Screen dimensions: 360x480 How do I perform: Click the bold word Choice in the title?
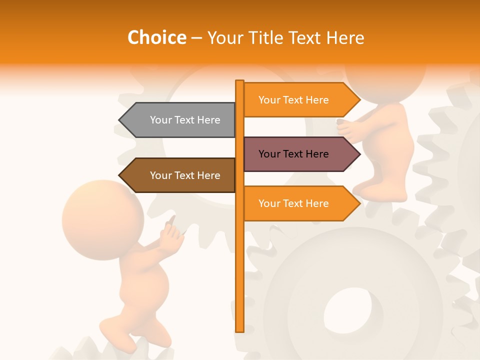click(x=156, y=37)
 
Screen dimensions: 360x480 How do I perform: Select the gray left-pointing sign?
click(x=180, y=120)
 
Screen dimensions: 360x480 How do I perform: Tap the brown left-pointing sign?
click(x=180, y=175)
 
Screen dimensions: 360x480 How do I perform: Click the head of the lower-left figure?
click(x=102, y=220)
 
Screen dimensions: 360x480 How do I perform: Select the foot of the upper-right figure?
click(x=375, y=192)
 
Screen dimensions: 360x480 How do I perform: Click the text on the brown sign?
click(x=185, y=175)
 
